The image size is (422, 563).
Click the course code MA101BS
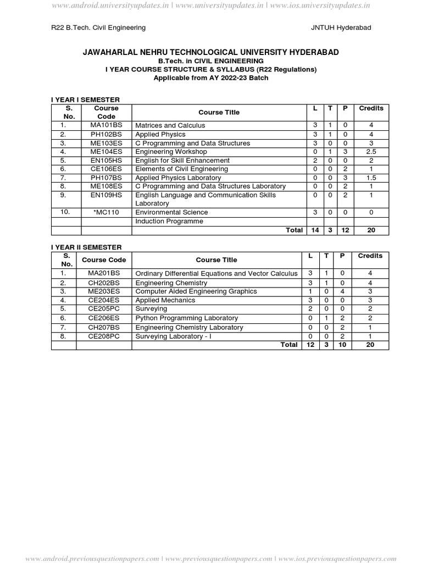pos(106,125)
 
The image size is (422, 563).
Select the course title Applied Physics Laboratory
pos(178,178)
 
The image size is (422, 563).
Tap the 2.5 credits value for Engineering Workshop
pos(371,152)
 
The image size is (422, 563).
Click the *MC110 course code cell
pos(106,212)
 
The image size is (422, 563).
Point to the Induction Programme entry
pos(169,221)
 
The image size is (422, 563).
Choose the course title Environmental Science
pos(171,212)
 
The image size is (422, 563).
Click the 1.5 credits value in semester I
pos(371,178)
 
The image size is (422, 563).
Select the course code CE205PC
pos(104,309)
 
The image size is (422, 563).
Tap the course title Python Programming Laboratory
pos(186,318)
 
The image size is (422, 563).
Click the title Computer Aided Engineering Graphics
pos(196,291)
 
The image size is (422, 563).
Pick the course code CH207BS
pos(104,327)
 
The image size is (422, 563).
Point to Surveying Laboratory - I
pos(173,336)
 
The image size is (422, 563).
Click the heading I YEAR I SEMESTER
pos(85,100)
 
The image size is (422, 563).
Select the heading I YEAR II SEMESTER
pos(86,247)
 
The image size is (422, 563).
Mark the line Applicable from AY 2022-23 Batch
pos(210,78)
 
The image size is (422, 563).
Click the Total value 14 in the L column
pos(315,230)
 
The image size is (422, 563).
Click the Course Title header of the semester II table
pos(216,260)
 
